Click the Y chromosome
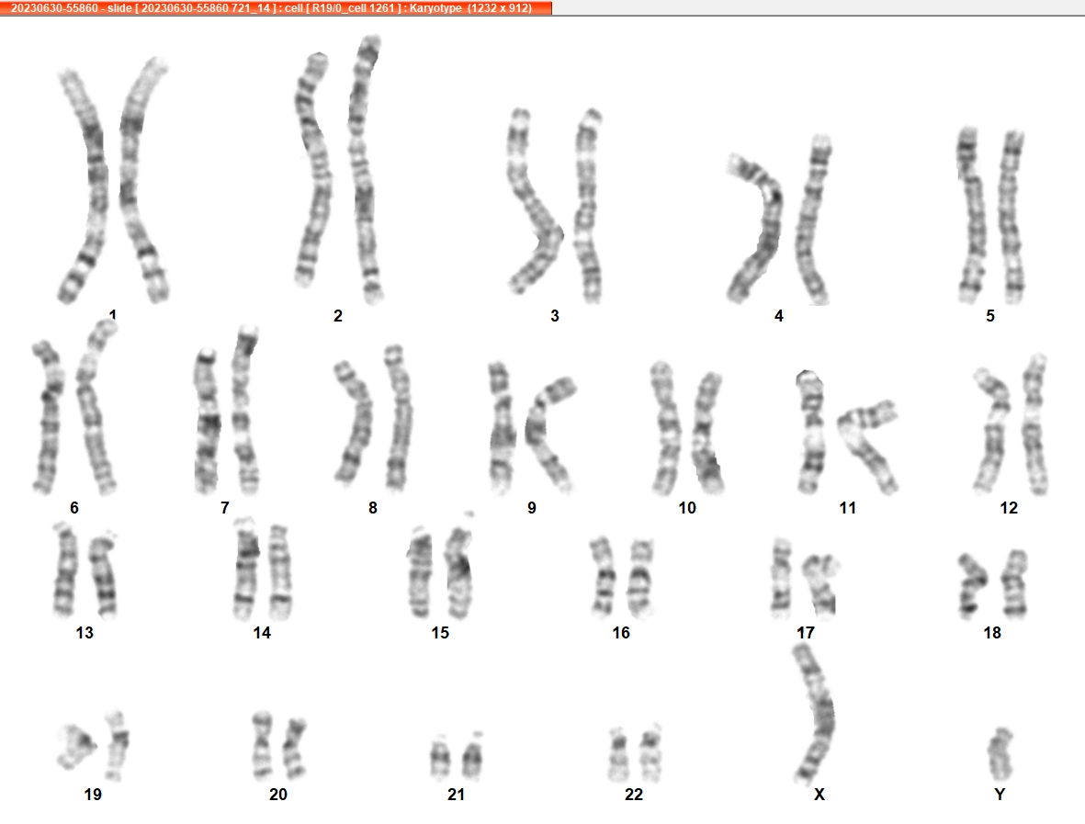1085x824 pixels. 1000,754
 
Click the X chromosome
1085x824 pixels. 818,713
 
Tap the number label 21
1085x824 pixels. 456,795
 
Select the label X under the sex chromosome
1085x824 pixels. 819,795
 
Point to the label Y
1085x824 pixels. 1000,795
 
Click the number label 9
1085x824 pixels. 531,508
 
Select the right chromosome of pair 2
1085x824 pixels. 364,170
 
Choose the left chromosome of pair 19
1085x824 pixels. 76,746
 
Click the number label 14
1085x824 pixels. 262,632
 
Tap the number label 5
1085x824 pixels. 990,316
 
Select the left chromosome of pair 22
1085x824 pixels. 618,754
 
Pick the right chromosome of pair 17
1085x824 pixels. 821,584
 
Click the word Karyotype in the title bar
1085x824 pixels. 435,8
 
